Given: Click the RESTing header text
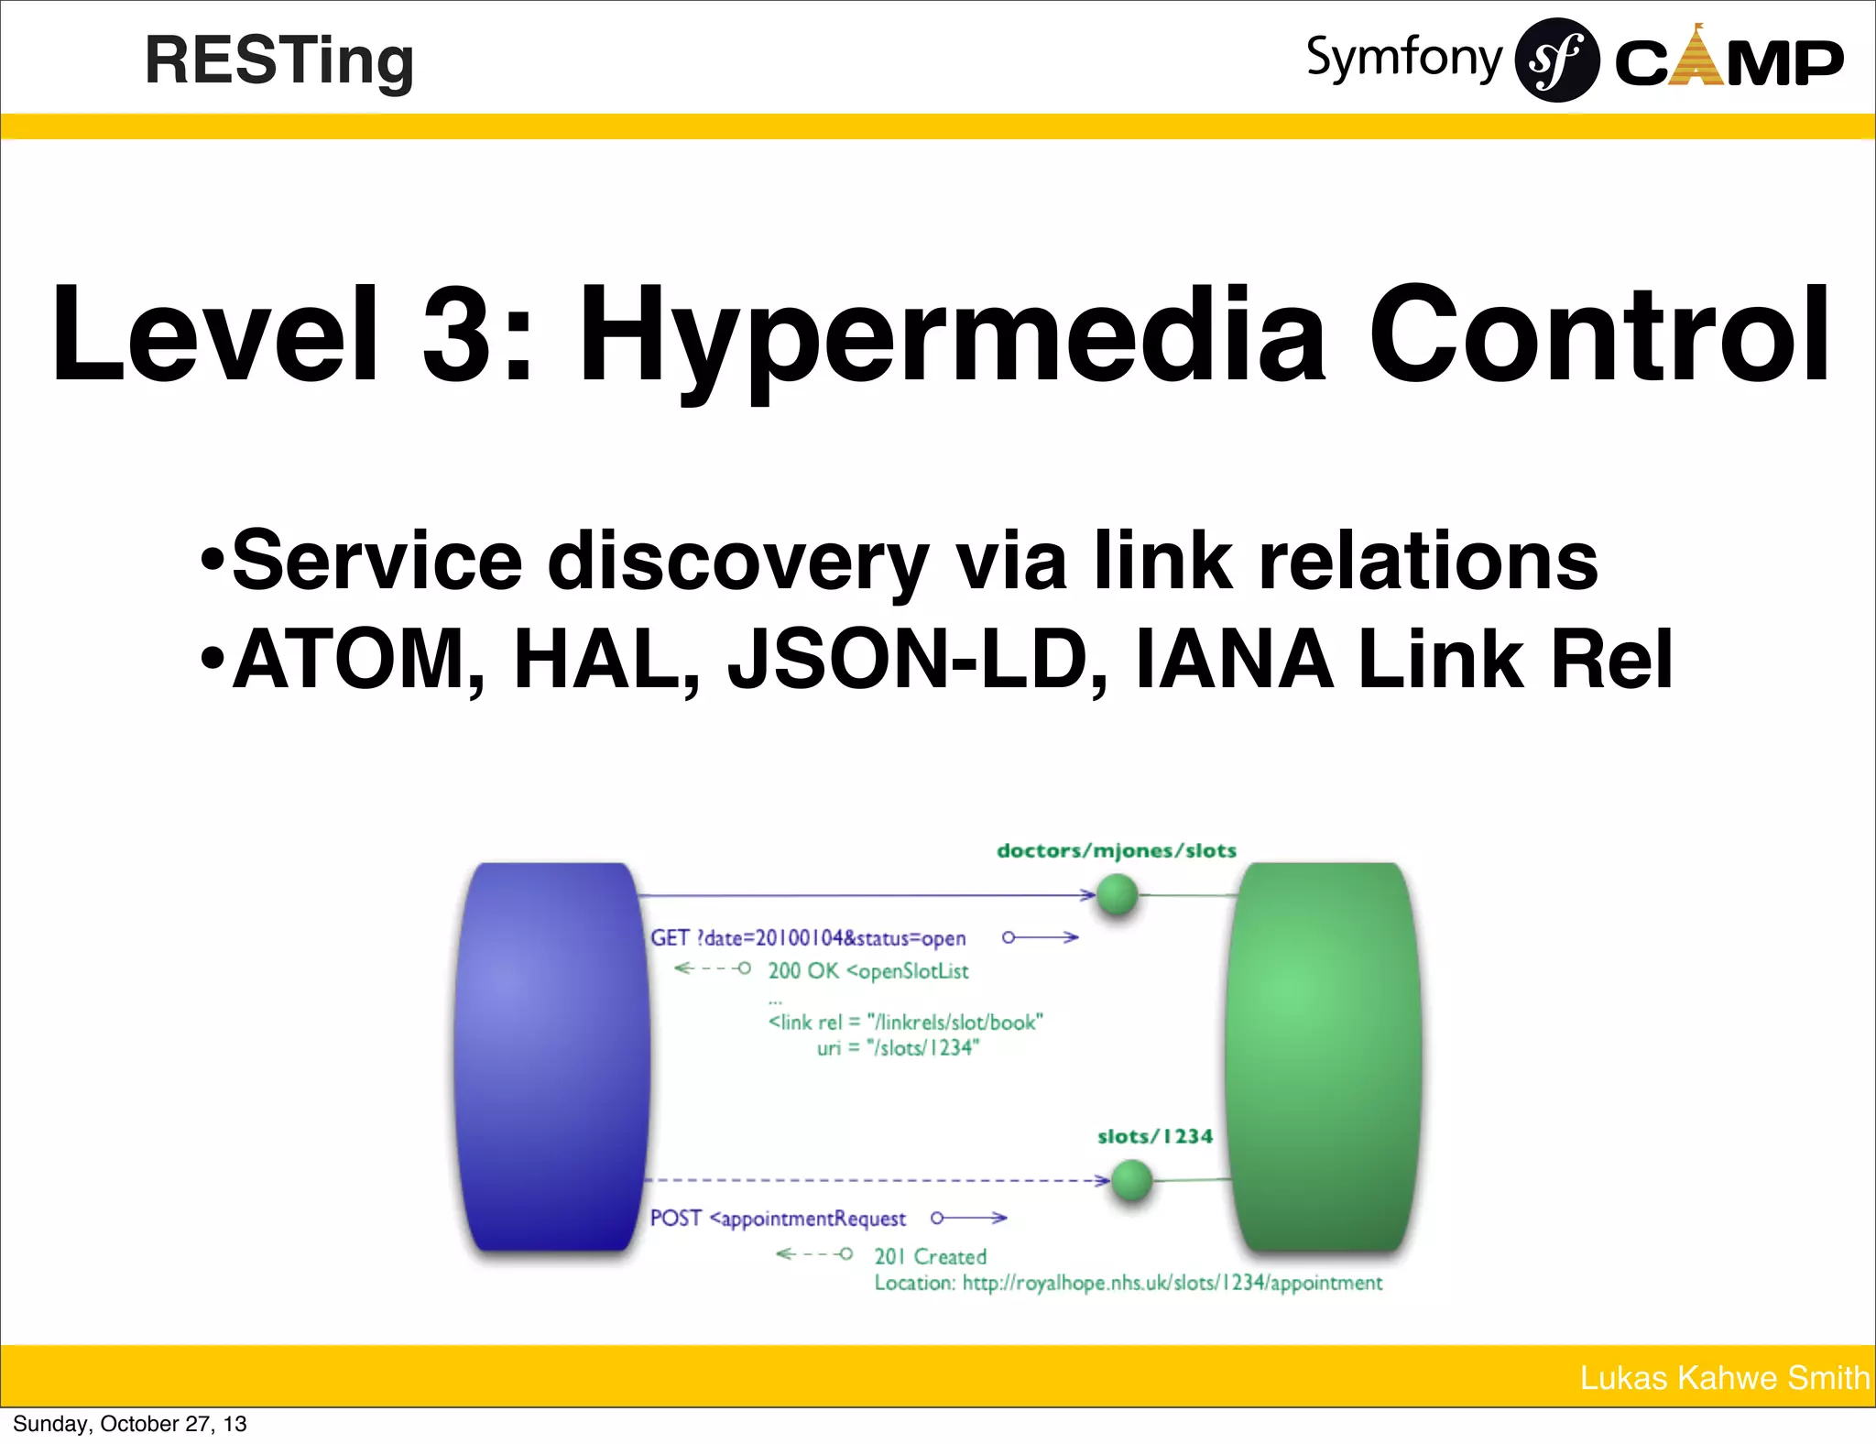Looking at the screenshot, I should click(279, 60).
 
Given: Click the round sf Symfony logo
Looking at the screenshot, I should click(1556, 60).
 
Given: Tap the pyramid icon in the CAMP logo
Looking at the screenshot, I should click(1697, 57).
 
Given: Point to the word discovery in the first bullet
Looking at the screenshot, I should click(737, 561).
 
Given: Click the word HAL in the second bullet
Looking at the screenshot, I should click(605, 659).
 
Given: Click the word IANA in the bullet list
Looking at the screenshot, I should click(1234, 659).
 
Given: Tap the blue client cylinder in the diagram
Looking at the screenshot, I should click(551, 1056).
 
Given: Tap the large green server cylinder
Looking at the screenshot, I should click(1324, 1056).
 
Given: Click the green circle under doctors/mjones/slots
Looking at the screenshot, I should click(1117, 894).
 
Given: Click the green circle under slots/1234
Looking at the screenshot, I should click(1131, 1179).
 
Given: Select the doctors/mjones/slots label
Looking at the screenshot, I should click(1116, 850).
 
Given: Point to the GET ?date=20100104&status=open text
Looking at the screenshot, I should click(808, 938).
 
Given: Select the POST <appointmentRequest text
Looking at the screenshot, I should click(778, 1219).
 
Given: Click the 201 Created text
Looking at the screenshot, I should click(930, 1256).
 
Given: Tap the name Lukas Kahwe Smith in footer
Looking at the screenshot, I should click(1724, 1377).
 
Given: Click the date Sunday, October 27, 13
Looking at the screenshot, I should click(129, 1424).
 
